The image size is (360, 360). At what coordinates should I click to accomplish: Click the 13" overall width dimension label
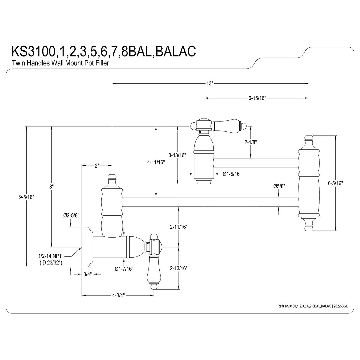[x=210, y=83]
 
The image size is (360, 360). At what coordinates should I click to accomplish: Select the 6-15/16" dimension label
[x=257, y=98]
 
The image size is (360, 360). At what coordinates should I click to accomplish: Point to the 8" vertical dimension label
[x=52, y=186]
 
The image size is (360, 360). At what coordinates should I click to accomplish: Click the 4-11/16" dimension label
[x=156, y=162]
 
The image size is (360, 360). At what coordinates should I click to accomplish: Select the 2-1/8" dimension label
[x=251, y=142]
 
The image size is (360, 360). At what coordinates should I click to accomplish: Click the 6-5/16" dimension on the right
[x=335, y=183]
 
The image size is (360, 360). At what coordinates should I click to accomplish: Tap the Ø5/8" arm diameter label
[x=279, y=186]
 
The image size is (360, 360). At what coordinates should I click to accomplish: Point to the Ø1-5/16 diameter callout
[x=231, y=174]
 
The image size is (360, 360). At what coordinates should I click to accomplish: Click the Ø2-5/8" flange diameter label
[x=71, y=216]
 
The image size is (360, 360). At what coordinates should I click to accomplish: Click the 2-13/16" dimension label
[x=178, y=268]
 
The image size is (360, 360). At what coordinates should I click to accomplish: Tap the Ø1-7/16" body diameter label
[x=124, y=268]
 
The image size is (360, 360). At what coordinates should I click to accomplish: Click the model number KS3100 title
[x=104, y=51]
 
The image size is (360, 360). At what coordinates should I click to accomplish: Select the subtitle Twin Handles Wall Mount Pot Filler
[x=60, y=63]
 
